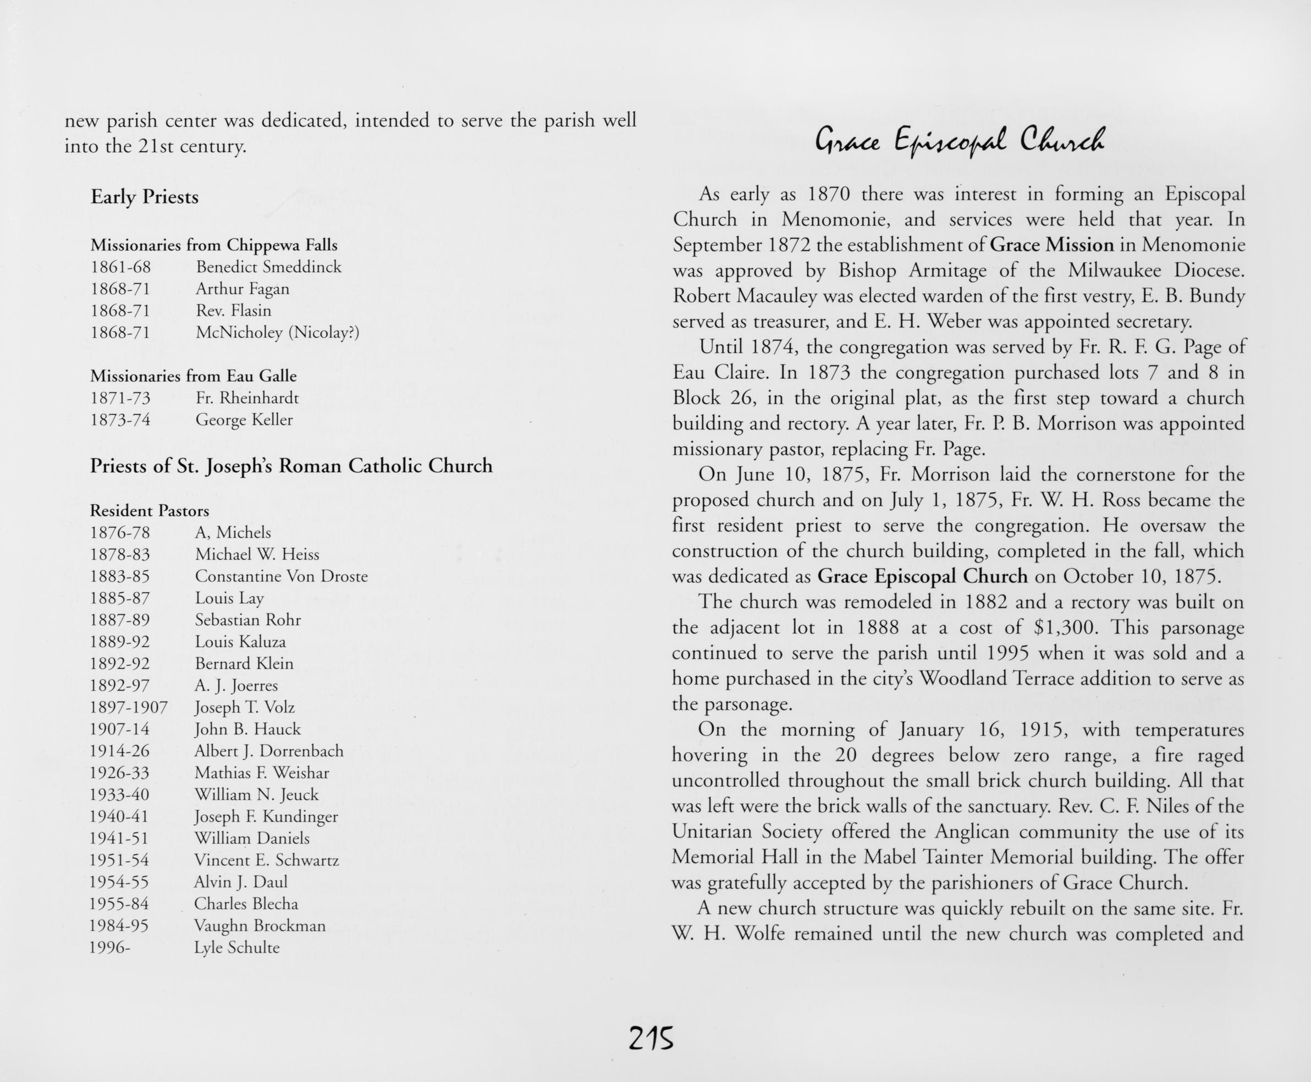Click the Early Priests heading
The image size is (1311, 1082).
pyautogui.click(x=145, y=197)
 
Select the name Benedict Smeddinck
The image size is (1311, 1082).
pyautogui.click(x=269, y=267)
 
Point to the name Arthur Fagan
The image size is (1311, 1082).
pyautogui.click(x=243, y=289)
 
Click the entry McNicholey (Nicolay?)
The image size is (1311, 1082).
pyautogui.click(x=277, y=333)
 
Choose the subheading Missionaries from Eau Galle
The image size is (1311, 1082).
pyautogui.click(x=193, y=376)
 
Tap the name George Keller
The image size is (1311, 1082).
pyautogui.click(x=244, y=419)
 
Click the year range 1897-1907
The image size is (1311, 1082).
pyautogui.click(x=129, y=708)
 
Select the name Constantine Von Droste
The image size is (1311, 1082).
pyautogui.click(x=281, y=576)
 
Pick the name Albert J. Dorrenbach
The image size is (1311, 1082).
pyautogui.click(x=269, y=751)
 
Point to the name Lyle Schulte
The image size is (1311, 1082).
pyautogui.click(x=236, y=947)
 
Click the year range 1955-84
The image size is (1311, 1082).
pyautogui.click(x=119, y=904)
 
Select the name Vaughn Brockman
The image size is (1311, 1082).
pyautogui.click(x=260, y=925)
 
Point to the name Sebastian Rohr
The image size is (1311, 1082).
pyautogui.click(x=247, y=620)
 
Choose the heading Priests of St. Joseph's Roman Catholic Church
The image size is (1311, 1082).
pyautogui.click(x=291, y=466)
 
